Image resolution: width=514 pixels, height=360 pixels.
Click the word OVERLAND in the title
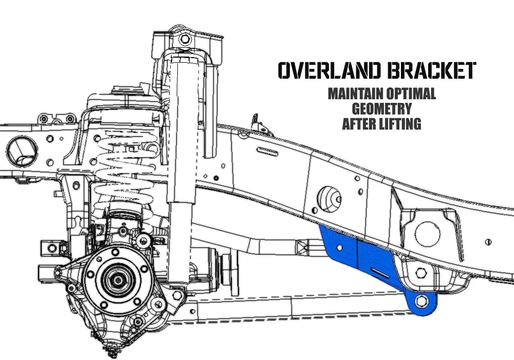tap(330, 70)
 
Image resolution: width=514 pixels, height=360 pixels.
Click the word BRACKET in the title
tap(431, 70)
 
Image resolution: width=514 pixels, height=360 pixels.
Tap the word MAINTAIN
tap(355, 94)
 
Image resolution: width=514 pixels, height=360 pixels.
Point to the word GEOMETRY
tap(382, 109)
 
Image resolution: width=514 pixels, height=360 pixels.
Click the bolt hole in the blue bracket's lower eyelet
tap(421, 301)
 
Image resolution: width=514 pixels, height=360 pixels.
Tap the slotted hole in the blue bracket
tap(380, 273)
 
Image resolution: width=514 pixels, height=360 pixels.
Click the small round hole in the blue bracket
tap(340, 247)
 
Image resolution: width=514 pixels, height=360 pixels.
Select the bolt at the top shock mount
tap(185, 40)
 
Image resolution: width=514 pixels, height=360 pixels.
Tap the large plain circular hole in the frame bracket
tap(428, 234)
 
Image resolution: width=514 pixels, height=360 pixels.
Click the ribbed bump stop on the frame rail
tap(329, 200)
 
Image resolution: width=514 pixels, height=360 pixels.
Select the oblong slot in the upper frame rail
tap(267, 152)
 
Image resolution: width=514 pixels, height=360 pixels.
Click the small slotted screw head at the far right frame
tap(488, 242)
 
